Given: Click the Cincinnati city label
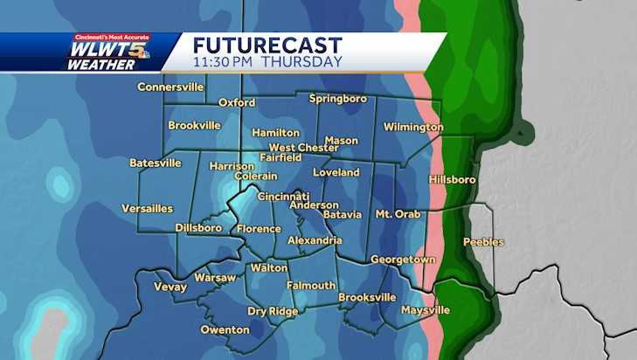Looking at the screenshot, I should (282, 196).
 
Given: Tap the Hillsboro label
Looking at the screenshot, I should (453, 179).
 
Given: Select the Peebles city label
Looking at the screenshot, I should (483, 242).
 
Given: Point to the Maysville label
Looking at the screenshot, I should (425, 310).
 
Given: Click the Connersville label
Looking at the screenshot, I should (170, 87).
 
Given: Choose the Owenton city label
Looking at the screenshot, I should (225, 329).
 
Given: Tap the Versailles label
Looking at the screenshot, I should (148, 209).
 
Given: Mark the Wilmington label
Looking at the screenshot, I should (413, 128).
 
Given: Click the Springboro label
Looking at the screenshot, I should (338, 99).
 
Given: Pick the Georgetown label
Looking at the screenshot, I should (403, 260).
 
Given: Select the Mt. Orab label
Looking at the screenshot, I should (398, 214).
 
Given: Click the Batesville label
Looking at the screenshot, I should (156, 163).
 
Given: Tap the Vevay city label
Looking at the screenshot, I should (170, 286).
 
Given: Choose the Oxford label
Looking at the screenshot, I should (236, 102).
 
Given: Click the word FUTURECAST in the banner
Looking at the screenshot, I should (267, 45).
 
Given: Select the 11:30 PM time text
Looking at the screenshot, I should (224, 62).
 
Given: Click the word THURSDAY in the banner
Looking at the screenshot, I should (302, 62).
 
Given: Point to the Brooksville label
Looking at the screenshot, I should (367, 297).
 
